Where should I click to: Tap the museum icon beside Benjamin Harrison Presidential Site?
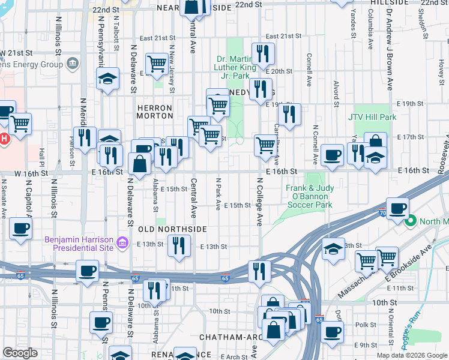pos(122,242)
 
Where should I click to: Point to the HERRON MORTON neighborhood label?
pos(155,112)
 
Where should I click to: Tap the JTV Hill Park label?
pos(372,118)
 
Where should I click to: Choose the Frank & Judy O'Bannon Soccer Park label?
pos(309,196)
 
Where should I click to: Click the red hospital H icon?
pos(4,139)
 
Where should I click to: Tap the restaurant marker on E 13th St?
pos(179,245)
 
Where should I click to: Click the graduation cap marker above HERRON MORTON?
pos(108,79)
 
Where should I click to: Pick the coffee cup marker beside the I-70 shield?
pos(397,210)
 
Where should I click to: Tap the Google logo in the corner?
pos(20,353)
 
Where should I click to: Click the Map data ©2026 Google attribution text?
pos(412,355)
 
